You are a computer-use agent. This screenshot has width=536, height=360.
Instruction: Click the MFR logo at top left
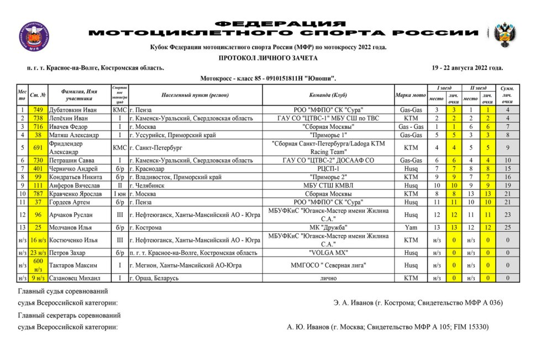tap(34, 37)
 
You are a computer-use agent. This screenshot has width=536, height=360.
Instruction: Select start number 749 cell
tap(38, 110)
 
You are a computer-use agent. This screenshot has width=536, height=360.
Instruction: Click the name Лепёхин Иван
tap(69, 118)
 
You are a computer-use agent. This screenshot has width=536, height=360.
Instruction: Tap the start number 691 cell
tap(38, 148)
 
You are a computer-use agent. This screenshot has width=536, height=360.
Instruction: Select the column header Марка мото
tap(411, 95)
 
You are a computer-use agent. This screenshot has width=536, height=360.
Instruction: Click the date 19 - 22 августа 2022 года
tap(467, 68)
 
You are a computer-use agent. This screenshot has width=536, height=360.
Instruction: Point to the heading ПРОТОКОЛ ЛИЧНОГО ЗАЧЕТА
tap(268, 58)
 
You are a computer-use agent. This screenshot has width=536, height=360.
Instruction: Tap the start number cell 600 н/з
tap(38, 265)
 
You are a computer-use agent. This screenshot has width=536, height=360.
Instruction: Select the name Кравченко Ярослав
tap(77, 194)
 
